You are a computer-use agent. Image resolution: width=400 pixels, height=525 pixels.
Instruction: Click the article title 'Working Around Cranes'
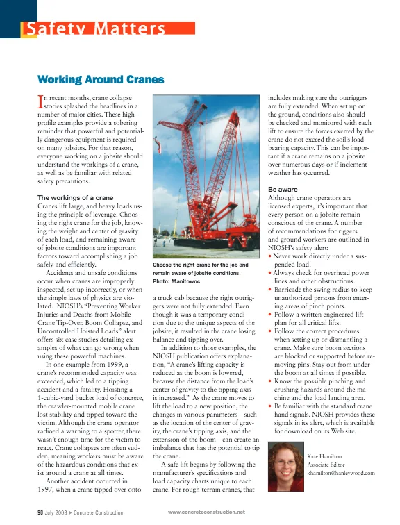point(100,80)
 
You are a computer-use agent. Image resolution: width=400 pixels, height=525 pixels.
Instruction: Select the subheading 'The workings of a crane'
point(80,198)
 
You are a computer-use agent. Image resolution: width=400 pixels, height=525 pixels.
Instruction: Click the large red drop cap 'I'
point(40,103)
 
